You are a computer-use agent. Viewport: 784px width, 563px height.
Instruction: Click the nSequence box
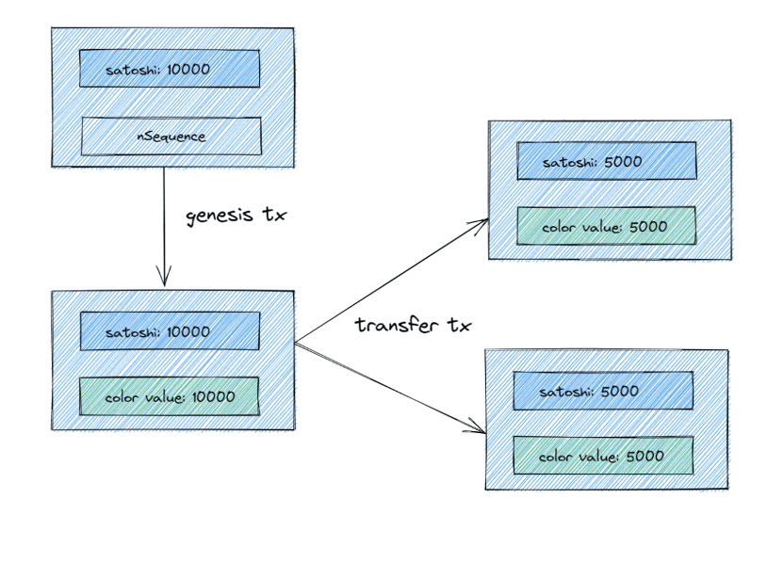[171, 136]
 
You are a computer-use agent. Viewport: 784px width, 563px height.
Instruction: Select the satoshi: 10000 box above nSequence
[170, 69]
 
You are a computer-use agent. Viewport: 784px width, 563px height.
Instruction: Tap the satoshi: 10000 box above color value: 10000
[170, 331]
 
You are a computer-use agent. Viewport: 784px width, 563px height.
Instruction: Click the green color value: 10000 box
[170, 396]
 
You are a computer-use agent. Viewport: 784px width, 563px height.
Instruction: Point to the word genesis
[220, 216]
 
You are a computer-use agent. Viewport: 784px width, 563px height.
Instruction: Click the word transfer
[397, 325]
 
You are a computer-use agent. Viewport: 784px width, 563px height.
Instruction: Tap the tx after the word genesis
[274, 215]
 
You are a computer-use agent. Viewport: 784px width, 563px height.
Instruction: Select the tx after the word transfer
[460, 325]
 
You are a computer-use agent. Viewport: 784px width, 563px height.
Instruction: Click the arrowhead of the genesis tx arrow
[164, 286]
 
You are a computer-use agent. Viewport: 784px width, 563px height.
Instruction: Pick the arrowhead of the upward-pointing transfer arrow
[487, 219]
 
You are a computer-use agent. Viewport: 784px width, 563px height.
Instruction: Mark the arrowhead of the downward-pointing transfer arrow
[484, 433]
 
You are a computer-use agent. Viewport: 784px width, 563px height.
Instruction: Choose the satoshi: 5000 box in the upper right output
[607, 161]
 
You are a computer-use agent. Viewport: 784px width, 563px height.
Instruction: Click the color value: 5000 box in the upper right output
[606, 226]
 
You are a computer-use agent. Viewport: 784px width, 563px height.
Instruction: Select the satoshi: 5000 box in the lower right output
[603, 390]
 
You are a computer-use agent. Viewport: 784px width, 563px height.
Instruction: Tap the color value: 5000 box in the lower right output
[603, 455]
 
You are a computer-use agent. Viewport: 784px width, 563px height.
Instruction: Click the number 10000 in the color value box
[214, 396]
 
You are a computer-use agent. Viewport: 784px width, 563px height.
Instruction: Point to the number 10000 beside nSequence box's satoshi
[188, 69]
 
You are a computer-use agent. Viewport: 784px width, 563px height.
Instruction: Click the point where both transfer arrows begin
[295, 343]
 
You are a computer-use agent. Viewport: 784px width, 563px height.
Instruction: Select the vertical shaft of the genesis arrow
[164, 226]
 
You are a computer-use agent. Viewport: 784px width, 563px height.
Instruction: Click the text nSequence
[171, 137]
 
